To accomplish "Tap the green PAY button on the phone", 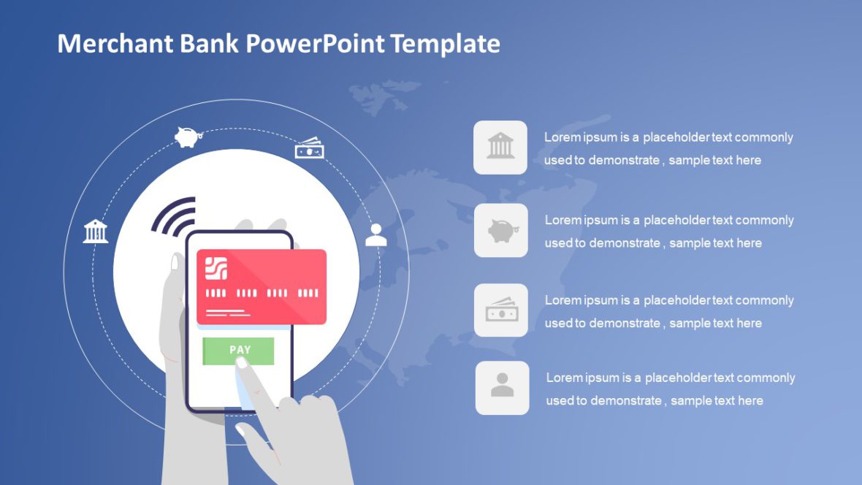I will [x=238, y=351].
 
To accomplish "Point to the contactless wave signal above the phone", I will [x=175, y=215].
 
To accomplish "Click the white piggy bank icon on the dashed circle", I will [x=187, y=137].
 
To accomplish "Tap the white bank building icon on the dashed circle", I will [x=96, y=231].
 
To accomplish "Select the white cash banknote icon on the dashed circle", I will [x=309, y=148].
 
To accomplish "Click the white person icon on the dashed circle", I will [x=376, y=234].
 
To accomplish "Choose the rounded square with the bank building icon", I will [x=500, y=148].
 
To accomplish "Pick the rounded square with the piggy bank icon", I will [x=501, y=231].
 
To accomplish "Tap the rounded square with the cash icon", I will [x=501, y=310].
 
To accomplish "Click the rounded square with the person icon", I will [x=502, y=388].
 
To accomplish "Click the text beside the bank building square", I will [x=668, y=148].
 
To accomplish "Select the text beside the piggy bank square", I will [x=668, y=231].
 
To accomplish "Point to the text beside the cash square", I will [x=668, y=311].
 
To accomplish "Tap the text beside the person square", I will [x=670, y=389].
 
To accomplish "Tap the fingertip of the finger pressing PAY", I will [x=242, y=364].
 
